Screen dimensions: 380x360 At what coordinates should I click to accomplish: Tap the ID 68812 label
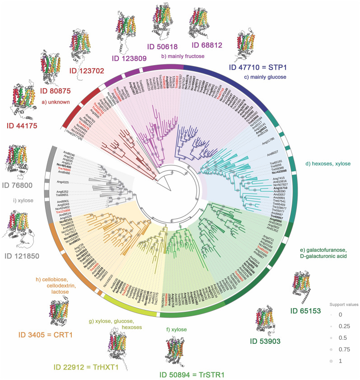tap(211, 45)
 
